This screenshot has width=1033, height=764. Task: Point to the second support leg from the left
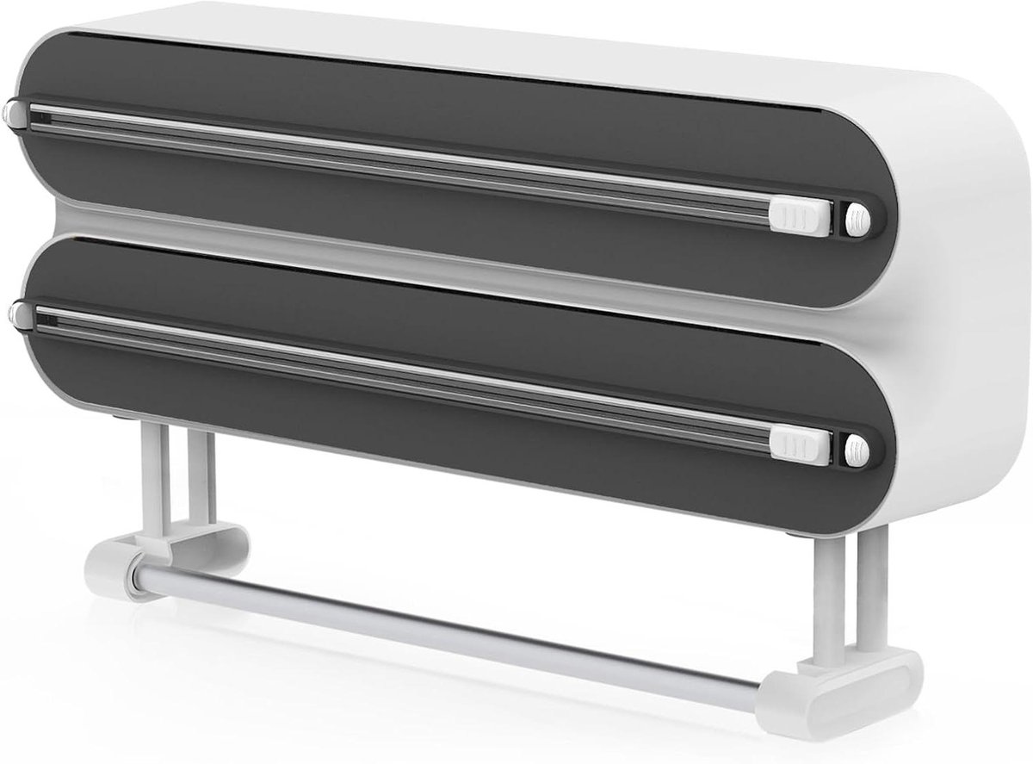click(200, 478)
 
